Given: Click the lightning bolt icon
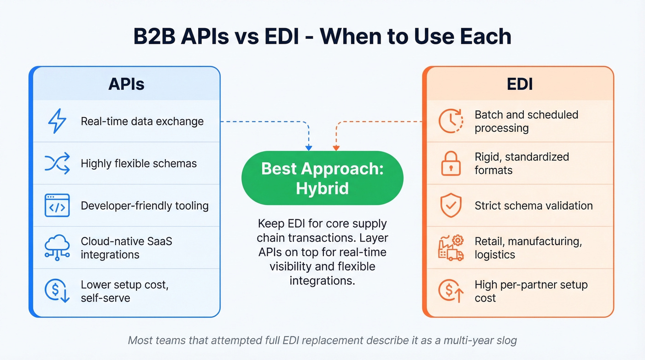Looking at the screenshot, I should pos(57,121).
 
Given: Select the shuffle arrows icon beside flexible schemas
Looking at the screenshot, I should pos(57,163).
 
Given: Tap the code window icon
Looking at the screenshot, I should pos(57,205).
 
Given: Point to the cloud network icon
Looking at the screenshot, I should pos(57,248).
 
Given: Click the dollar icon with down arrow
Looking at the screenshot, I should pos(57,291).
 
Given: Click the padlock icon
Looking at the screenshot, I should pos(451,163).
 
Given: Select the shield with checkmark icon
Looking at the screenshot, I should pos(451,206).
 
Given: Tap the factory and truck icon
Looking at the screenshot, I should pos(451,248).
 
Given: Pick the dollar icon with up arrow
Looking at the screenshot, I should pos(451,291).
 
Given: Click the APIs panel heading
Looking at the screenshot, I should pos(126,84).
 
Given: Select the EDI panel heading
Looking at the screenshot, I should pos(520,84).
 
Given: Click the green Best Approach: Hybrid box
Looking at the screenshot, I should pos(322,178).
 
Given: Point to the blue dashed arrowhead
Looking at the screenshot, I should pos(309,148).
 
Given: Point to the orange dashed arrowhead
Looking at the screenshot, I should pos(336,148).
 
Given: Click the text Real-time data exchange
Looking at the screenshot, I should pos(142,122).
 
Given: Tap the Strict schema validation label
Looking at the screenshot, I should pos(534,206).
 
